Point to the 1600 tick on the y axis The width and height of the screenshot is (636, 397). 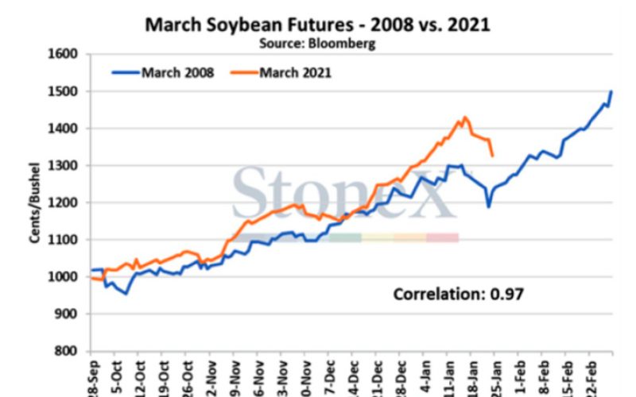[65, 55]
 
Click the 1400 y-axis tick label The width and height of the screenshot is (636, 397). [65, 129]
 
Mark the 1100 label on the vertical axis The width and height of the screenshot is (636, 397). [65, 240]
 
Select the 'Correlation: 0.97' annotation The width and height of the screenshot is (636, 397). [459, 295]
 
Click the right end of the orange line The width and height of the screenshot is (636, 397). [493, 156]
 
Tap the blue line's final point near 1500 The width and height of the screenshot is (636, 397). [611, 92]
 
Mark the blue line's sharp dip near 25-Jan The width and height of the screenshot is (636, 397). [489, 206]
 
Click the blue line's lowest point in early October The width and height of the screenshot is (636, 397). [125, 294]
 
